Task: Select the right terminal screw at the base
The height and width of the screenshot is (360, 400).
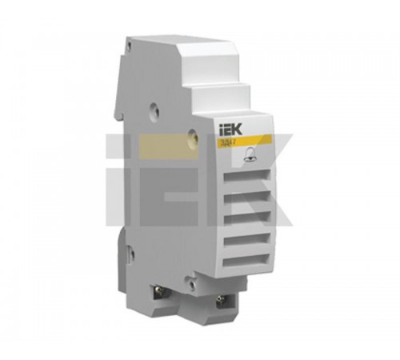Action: click(x=222, y=302)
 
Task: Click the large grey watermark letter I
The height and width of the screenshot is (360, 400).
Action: click(x=122, y=180)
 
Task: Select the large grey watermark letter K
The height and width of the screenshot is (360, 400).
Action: click(x=276, y=180)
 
